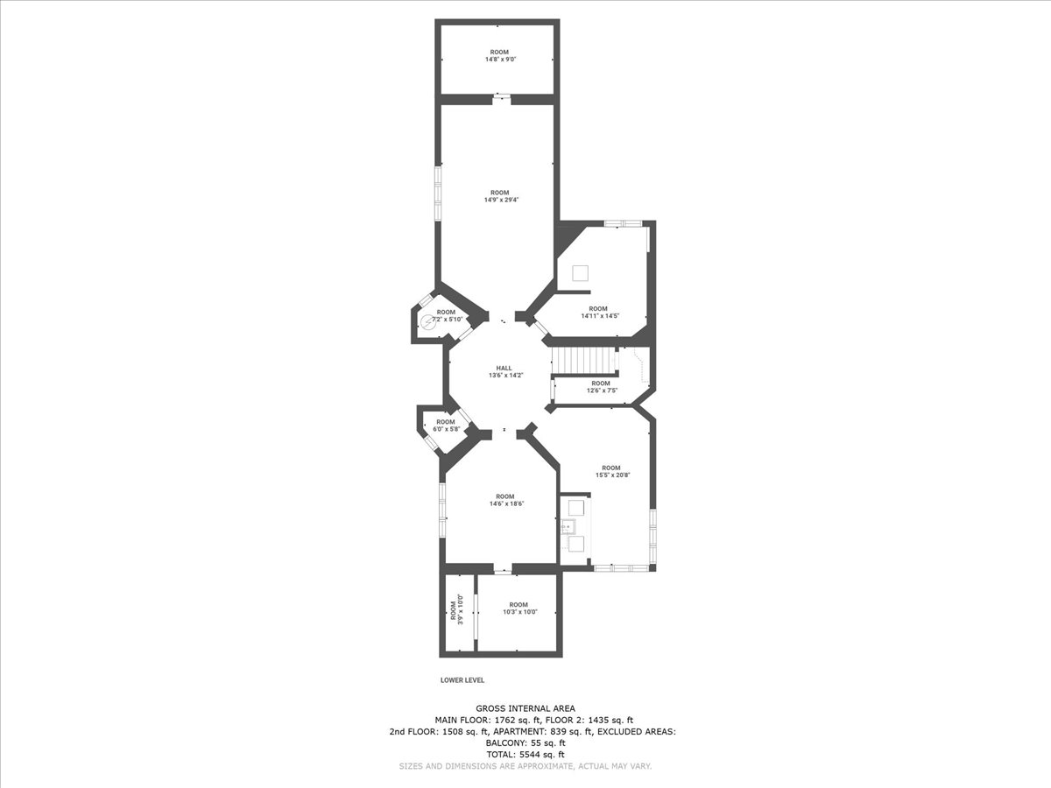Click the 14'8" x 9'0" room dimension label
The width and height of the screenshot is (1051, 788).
pyautogui.click(x=499, y=60)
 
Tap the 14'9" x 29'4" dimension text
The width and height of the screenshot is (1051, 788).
pyautogui.click(x=499, y=200)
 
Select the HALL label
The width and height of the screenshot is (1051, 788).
pyautogui.click(x=504, y=368)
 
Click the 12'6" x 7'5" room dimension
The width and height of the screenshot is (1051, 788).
pyautogui.click(x=602, y=390)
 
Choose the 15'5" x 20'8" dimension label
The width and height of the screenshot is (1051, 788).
pyautogui.click(x=611, y=475)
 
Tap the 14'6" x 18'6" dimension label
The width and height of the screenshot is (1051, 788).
pyautogui.click(x=504, y=503)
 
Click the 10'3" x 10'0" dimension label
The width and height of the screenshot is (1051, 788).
pyautogui.click(x=518, y=612)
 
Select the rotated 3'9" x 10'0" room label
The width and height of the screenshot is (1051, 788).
pyautogui.click(x=457, y=610)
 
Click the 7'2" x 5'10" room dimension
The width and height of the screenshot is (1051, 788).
pyautogui.click(x=448, y=319)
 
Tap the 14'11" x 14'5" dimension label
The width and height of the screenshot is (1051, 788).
pyautogui.click(x=597, y=316)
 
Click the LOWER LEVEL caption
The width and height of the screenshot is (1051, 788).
pyautogui.click(x=462, y=680)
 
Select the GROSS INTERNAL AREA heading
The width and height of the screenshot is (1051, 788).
pyautogui.click(x=525, y=708)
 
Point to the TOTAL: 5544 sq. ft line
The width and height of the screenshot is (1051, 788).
pyautogui.click(x=525, y=755)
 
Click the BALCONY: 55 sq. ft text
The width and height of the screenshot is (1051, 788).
pyautogui.click(x=525, y=743)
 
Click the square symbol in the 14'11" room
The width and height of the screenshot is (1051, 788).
pyautogui.click(x=581, y=273)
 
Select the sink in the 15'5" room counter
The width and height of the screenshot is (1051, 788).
pyautogui.click(x=568, y=526)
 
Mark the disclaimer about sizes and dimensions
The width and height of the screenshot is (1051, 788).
pyautogui.click(x=525, y=766)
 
